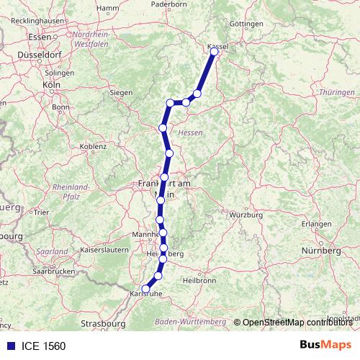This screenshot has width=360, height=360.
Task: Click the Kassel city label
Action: click(217, 46)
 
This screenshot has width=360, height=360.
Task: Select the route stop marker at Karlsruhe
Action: click(146, 289)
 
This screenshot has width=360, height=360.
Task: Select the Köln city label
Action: click(50, 84)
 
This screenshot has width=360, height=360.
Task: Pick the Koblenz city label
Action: click(93, 146)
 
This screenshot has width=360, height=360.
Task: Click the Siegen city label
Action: click(121, 93)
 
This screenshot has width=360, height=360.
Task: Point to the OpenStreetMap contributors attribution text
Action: click(297, 322)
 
